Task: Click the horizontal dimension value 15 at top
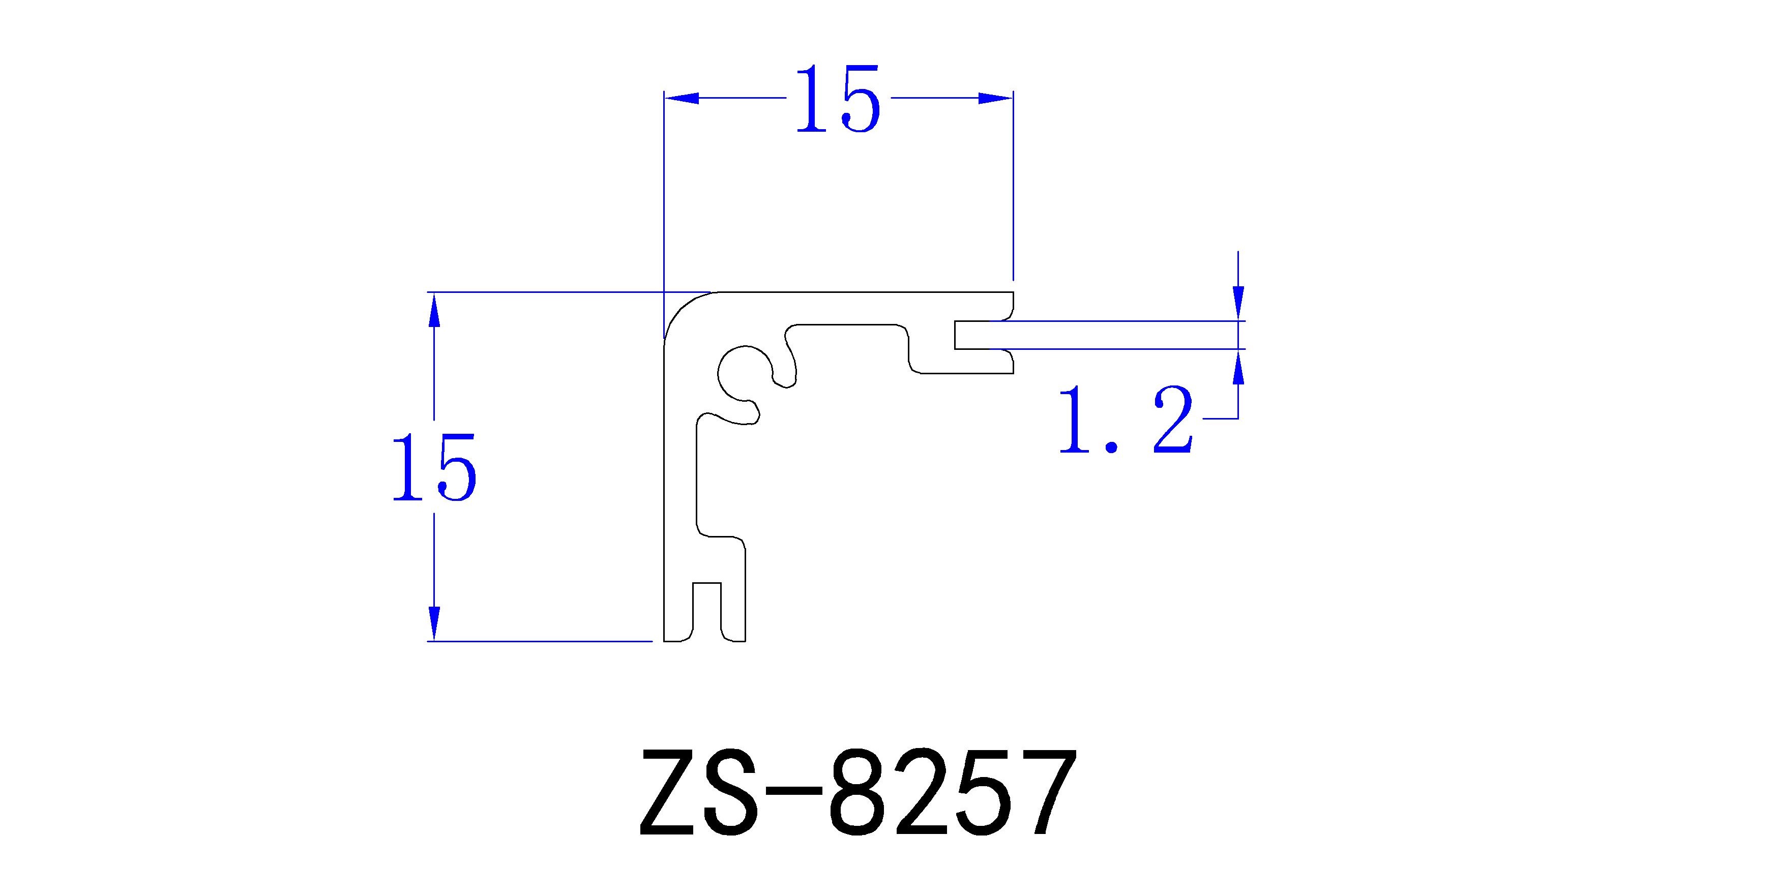[838, 100]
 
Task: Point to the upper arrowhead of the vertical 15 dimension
[434, 311]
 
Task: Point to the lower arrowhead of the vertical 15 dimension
[434, 622]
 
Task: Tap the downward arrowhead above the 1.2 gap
[1238, 302]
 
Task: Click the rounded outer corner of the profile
[681, 309]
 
